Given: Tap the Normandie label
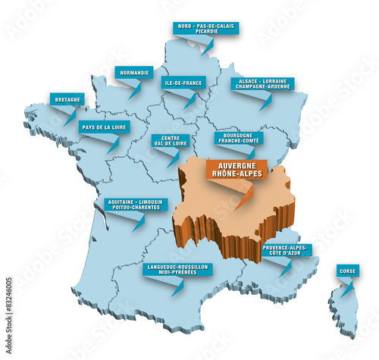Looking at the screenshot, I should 134,73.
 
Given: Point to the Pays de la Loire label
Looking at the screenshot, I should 104,127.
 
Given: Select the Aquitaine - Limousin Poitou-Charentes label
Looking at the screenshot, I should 133,205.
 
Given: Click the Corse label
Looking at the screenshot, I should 348,271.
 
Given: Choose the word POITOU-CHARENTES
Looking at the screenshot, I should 133,208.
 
